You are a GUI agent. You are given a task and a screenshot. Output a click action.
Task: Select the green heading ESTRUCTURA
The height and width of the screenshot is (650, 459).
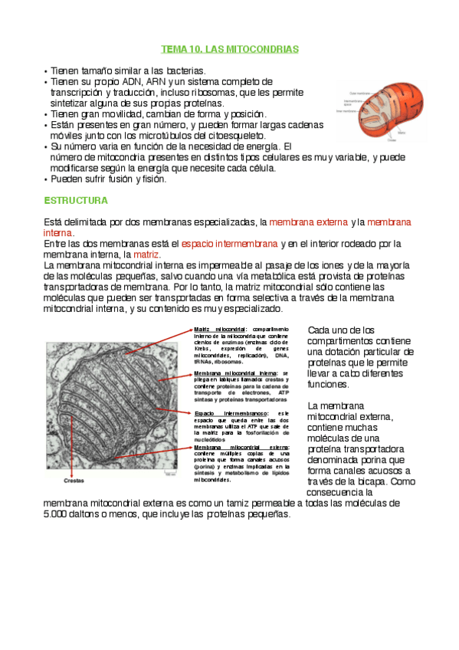click(x=75, y=201)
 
